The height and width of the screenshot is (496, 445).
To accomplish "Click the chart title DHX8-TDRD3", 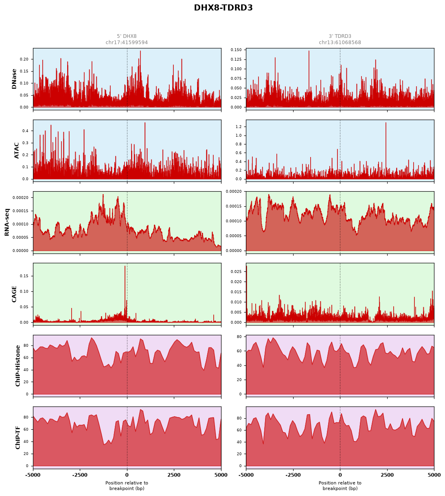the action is coord(223,8).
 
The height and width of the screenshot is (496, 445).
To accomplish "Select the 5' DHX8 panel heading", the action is coord(127,36).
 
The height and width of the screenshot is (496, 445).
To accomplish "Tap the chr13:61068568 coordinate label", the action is coord(340,42).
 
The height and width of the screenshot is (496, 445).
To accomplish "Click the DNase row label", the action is coord(14,79).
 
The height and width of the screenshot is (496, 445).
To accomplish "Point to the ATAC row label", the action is coord(16,151).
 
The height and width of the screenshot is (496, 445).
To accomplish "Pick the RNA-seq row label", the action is coord(7,222).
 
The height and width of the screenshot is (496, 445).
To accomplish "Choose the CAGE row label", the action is coord(14,294).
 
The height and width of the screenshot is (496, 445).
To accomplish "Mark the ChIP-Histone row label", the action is coord(18,366).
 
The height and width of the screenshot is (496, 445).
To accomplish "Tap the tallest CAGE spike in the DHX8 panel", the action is coord(125,266).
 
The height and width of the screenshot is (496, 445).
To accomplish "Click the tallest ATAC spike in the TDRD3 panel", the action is coord(386,123).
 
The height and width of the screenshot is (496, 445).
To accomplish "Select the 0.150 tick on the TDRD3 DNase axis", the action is coord(236,50).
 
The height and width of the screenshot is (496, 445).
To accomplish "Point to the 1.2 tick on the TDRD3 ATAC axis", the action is coord(239,127).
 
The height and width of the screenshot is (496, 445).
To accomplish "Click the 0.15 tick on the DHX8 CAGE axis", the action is coord(24,276).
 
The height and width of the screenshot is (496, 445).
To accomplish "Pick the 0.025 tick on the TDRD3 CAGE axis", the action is coord(236,271).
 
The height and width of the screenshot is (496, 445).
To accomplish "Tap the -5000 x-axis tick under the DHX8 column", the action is coord(33,475).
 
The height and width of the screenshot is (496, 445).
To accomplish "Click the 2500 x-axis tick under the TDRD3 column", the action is coord(387,475).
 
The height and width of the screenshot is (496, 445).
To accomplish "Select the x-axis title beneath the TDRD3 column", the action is coord(340,485).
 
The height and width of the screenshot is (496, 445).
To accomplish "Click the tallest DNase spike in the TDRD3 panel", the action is coord(309,51).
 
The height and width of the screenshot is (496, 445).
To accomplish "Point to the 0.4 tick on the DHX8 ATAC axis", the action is coord(25,131).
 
